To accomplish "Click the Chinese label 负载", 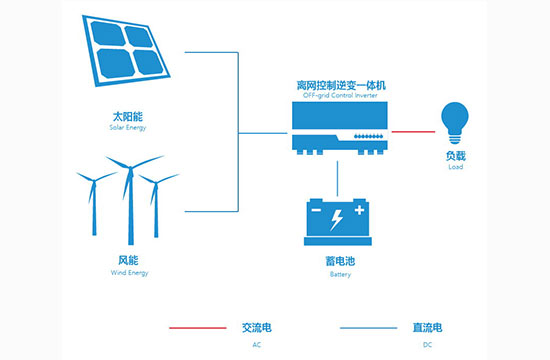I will click(x=455, y=158).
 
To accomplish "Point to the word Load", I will click(x=455, y=169).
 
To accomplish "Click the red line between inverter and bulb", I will click(x=411, y=131).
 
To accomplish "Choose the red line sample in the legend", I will click(x=199, y=328).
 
